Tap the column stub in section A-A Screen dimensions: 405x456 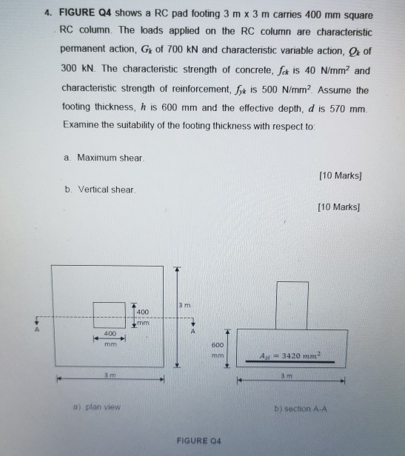pos(292,304)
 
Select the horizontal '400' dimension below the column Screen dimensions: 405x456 pos(109,335)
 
